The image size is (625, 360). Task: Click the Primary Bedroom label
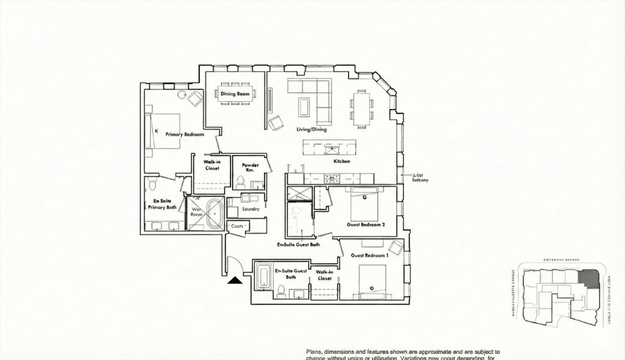coord(184,134)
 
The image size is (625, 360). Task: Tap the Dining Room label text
coord(235,94)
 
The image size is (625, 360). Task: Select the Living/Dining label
coord(311,129)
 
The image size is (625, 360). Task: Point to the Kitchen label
coord(341,162)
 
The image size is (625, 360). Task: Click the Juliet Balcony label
coord(421,177)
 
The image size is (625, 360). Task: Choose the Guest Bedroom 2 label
coord(366,224)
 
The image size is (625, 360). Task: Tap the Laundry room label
coord(250,209)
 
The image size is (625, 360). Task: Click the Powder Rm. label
coord(250,168)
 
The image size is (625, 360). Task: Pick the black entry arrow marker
coord(234,281)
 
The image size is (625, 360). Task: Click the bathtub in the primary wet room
coord(214,215)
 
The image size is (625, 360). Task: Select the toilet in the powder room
coord(240,182)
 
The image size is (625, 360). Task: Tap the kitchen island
coord(329,147)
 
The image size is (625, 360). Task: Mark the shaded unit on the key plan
coord(587,278)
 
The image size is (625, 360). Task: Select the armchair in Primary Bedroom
coord(195,98)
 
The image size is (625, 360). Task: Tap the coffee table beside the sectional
coord(304,106)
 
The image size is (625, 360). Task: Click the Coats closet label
coord(238,226)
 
